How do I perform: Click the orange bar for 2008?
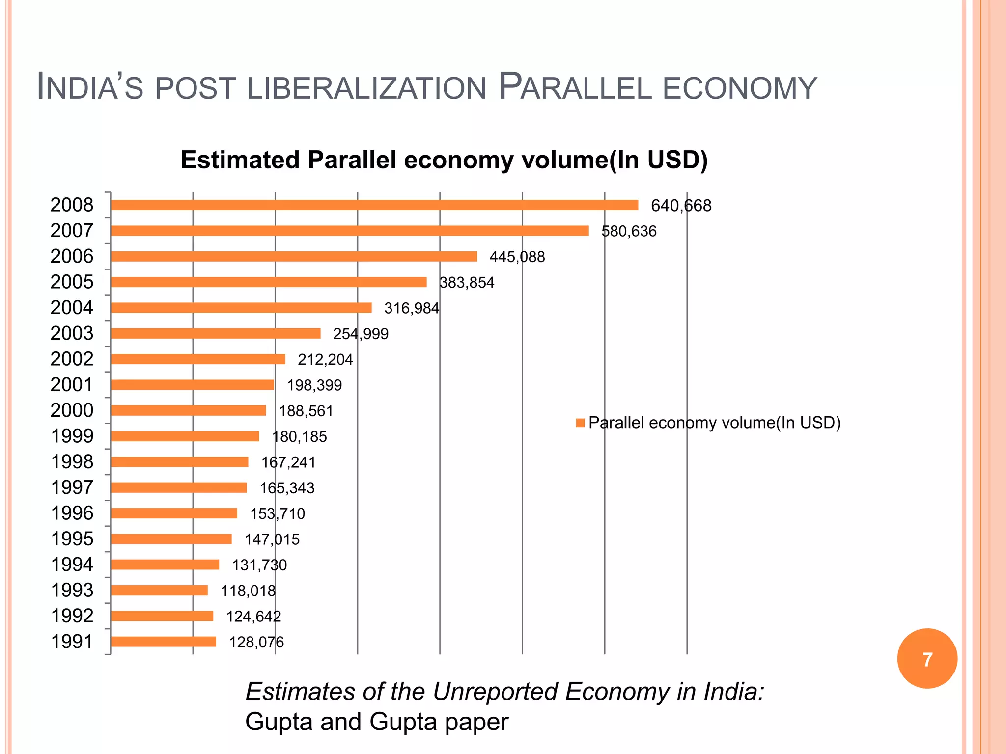pyautogui.click(x=374, y=205)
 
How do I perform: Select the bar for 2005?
pyautogui.click(x=269, y=282)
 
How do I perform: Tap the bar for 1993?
pyautogui.click(x=159, y=591)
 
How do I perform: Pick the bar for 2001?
pyautogui.click(x=192, y=385)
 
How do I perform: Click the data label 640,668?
pyautogui.click(x=681, y=206)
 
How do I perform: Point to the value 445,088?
pyautogui.click(x=517, y=257)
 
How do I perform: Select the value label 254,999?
pyautogui.click(x=361, y=334)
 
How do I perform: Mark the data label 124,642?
pyautogui.click(x=253, y=617)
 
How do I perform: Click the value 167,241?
pyautogui.click(x=288, y=462)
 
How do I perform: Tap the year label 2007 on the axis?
pyautogui.click(x=72, y=231)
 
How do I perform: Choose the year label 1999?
pyautogui.click(x=72, y=436)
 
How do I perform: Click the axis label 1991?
pyautogui.click(x=72, y=642)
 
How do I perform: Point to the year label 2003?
pyautogui.click(x=72, y=333)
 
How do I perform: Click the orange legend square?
pyautogui.click(x=580, y=423)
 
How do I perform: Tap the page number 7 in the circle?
pyautogui.click(x=927, y=659)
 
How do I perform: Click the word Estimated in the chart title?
pyautogui.click(x=240, y=160)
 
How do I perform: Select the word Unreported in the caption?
pyautogui.click(x=495, y=692)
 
